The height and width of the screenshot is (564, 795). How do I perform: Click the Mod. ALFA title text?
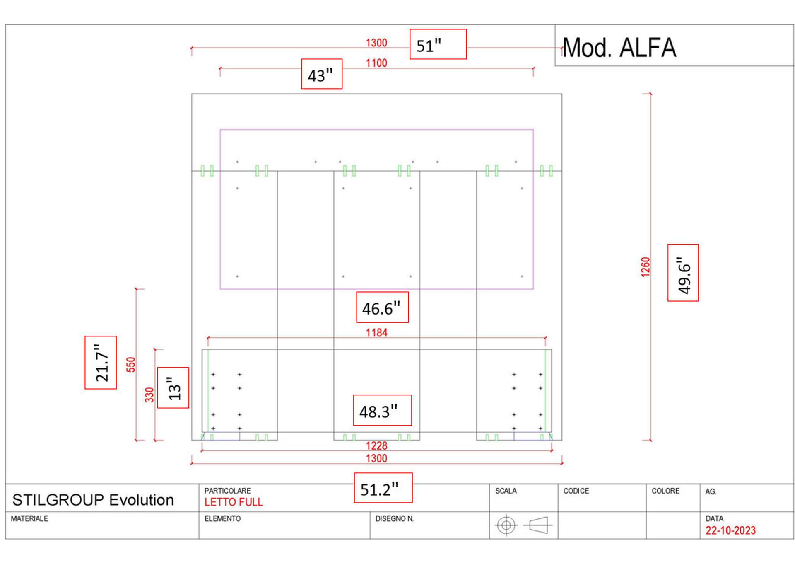tap(619, 48)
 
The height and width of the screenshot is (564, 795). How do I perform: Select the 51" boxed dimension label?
tap(438, 44)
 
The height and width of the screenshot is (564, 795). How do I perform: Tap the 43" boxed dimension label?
tap(321, 74)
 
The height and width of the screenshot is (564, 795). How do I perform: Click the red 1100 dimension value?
tap(376, 63)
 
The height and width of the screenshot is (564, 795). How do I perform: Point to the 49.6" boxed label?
tap(683, 273)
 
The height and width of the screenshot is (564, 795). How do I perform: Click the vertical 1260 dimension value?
tap(646, 267)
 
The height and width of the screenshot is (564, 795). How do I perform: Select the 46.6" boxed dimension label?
tap(382, 307)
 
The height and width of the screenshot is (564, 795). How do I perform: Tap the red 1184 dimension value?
tap(376, 332)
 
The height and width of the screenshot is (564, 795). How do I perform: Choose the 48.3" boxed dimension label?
tap(382, 410)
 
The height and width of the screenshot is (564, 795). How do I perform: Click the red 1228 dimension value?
tap(376, 445)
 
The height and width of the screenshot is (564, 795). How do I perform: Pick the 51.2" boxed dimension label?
tap(383, 488)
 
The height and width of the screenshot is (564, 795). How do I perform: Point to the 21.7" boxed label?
tap(101, 363)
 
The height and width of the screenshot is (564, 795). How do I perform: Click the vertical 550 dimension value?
tap(131, 364)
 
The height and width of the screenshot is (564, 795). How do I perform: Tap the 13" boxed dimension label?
tap(173, 388)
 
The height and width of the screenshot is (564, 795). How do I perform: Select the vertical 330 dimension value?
tap(149, 395)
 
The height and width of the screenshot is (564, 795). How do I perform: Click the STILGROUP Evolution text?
tap(93, 500)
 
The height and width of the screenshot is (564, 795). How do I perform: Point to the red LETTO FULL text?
tap(233, 502)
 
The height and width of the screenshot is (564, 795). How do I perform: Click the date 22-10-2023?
tap(730, 530)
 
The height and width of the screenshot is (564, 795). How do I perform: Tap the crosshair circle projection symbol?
tap(506, 525)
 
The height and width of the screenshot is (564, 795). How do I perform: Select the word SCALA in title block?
tap(506, 491)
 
